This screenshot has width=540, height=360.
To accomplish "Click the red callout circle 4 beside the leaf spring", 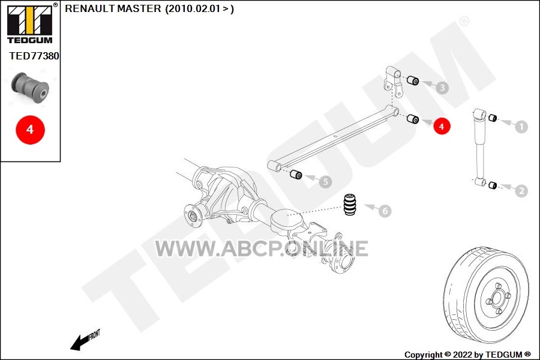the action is tap(442, 127).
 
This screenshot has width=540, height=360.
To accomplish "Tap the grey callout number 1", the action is tap(521, 127).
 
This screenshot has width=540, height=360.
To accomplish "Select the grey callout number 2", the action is tap(521, 191).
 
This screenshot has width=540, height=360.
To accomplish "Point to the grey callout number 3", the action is tap(442, 88).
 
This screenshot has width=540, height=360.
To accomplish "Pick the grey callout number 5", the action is tap(325, 182).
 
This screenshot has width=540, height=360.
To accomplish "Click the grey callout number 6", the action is tap(385, 211).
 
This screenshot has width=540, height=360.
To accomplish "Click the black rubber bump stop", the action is tap(350, 205).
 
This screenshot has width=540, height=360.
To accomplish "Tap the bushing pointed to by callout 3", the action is tap(413, 80).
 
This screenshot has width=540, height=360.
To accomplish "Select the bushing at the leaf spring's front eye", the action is tap(296, 175).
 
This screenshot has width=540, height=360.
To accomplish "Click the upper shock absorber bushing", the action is tap(493, 118).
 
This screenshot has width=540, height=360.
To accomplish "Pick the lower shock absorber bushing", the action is tap(493, 185).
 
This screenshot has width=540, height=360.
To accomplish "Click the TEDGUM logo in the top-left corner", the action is tap(30, 24).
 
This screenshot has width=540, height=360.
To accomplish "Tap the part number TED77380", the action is tap(34, 56).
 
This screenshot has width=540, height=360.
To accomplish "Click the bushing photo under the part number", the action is tap(30, 87).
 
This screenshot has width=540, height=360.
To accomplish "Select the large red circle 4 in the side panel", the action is tap(30, 130).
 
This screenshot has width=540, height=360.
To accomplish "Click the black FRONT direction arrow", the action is tap(85, 340).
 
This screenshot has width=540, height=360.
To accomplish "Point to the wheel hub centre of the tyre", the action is tap(497, 297).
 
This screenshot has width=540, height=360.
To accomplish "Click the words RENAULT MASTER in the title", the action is tap(113, 8).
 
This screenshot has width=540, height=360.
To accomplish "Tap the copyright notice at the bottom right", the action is tap(467, 355).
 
